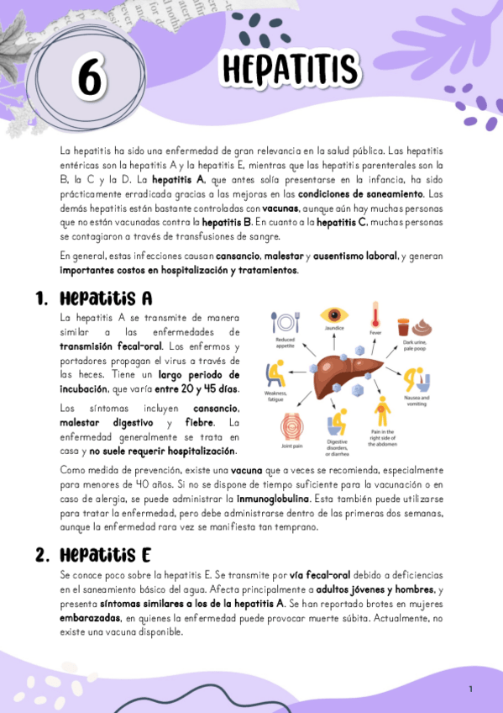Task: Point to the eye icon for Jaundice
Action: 333,318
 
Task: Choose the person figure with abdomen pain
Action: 383,411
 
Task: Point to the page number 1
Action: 471,689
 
